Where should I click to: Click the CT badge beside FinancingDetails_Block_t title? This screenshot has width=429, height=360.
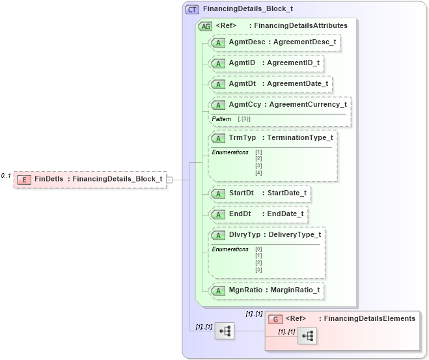(x=192, y=10)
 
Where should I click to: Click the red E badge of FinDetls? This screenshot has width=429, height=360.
(x=23, y=179)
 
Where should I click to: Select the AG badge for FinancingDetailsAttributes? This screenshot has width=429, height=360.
(x=206, y=26)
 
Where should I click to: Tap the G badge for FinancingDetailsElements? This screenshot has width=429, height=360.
(x=275, y=319)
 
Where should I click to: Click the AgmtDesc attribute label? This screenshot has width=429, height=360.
(x=247, y=42)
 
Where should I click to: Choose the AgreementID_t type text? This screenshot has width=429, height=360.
(x=296, y=63)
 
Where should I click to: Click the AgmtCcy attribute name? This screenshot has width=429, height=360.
(x=246, y=105)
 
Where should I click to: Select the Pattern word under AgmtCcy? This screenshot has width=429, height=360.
(x=221, y=119)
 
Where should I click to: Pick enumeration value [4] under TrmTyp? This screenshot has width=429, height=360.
(x=258, y=173)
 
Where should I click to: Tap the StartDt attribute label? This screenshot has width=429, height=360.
(x=242, y=193)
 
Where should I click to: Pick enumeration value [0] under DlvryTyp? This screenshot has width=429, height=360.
(x=258, y=249)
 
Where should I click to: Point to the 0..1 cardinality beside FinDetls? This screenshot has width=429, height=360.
(x=6, y=176)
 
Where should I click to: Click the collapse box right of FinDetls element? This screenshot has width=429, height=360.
(x=169, y=179)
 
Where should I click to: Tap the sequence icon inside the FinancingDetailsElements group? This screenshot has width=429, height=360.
(x=307, y=336)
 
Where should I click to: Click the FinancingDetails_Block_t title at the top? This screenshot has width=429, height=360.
(x=247, y=10)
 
